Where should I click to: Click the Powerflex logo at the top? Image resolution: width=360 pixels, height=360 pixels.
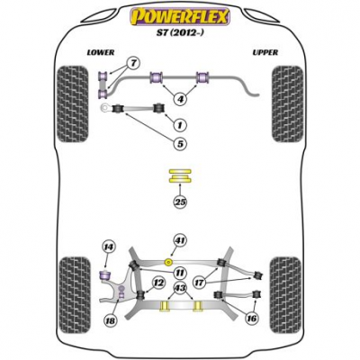click(179, 16)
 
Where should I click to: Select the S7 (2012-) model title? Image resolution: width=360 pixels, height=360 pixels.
click(180, 33)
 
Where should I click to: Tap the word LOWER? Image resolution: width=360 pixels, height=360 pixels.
click(101, 52)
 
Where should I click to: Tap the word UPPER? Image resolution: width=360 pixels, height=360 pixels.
click(265, 52)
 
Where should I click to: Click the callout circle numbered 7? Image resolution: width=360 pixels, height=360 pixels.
click(134, 64)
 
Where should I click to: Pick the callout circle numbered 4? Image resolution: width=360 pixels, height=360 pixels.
click(180, 98)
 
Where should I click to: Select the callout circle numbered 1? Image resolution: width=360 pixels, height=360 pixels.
click(180, 125)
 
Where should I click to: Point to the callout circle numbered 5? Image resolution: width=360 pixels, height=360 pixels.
click(180, 144)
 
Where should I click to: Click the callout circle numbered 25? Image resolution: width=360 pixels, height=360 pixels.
click(180, 202)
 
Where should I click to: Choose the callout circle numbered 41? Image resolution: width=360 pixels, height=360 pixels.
click(180, 240)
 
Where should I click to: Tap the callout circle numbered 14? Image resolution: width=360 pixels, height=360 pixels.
click(109, 247)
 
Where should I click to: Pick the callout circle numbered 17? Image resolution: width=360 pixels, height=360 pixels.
click(200, 283)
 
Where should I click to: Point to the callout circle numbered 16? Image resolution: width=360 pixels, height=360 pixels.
click(251, 318)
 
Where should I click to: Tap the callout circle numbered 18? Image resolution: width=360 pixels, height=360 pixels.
click(110, 321)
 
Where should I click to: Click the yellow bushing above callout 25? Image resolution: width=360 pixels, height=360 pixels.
click(180, 176)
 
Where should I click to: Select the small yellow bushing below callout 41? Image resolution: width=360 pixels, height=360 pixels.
click(169, 262)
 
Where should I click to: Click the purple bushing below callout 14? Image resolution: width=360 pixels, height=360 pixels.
click(105, 274)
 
